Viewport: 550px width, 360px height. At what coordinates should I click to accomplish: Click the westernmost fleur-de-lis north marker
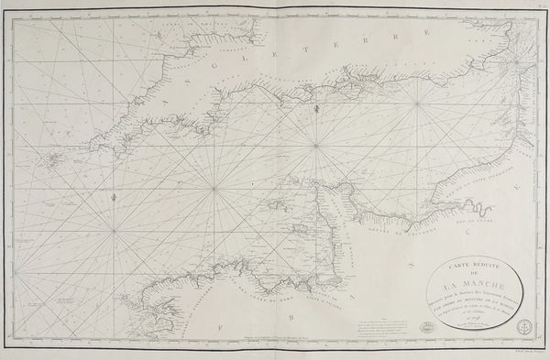click(x=111, y=195)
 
